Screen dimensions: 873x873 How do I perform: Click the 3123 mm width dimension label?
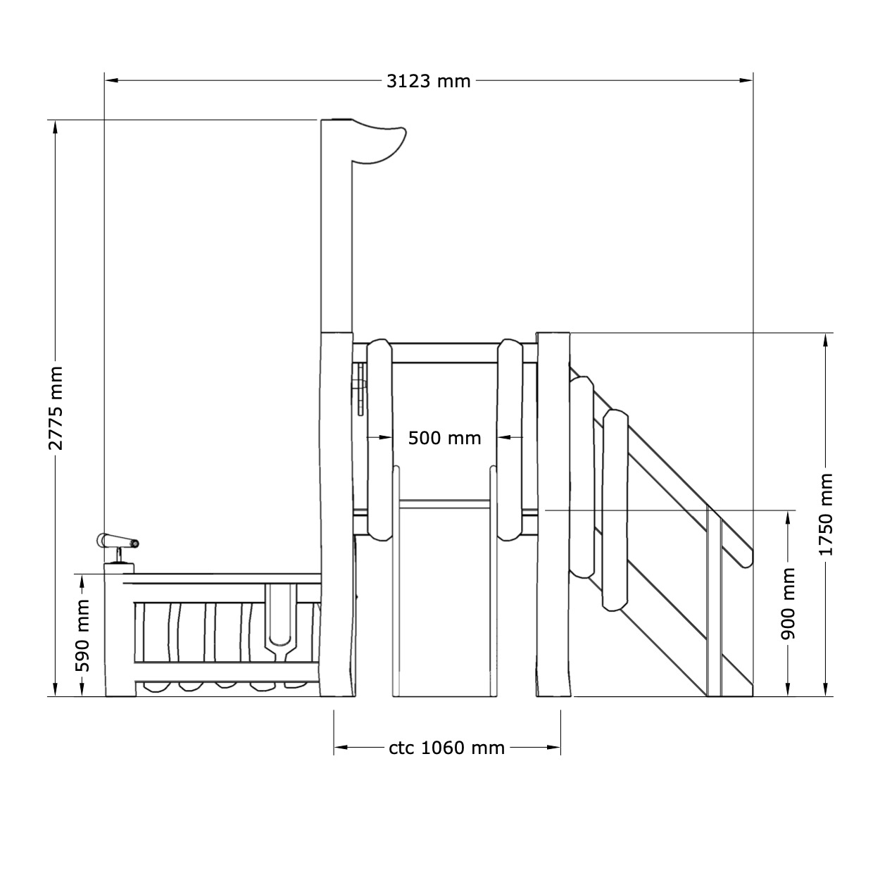tap(428, 81)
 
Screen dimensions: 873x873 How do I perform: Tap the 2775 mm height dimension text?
tap(56, 408)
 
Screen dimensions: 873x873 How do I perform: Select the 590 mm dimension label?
tap(82, 636)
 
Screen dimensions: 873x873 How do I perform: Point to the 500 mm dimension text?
tap(444, 438)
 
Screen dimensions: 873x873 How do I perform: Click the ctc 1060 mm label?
tap(446, 748)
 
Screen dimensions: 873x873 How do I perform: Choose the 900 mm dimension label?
tap(789, 603)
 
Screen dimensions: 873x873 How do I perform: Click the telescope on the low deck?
tap(118, 543)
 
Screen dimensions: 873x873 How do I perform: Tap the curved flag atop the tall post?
tap(379, 142)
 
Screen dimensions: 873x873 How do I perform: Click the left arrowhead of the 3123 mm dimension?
tap(111, 81)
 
